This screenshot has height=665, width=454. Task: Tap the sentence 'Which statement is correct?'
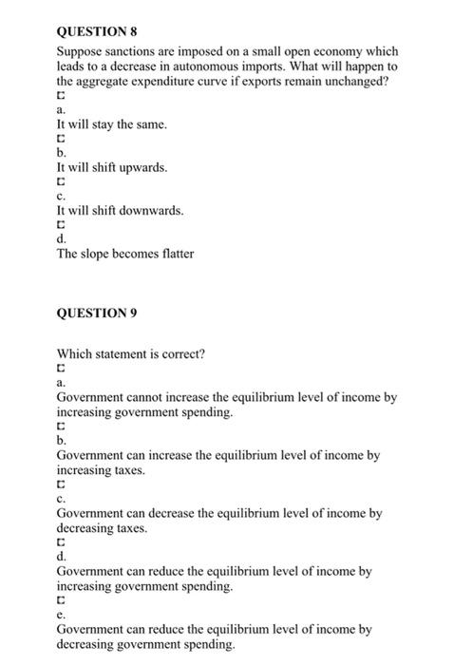point(130,355)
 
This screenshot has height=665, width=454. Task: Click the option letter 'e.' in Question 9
point(62,615)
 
